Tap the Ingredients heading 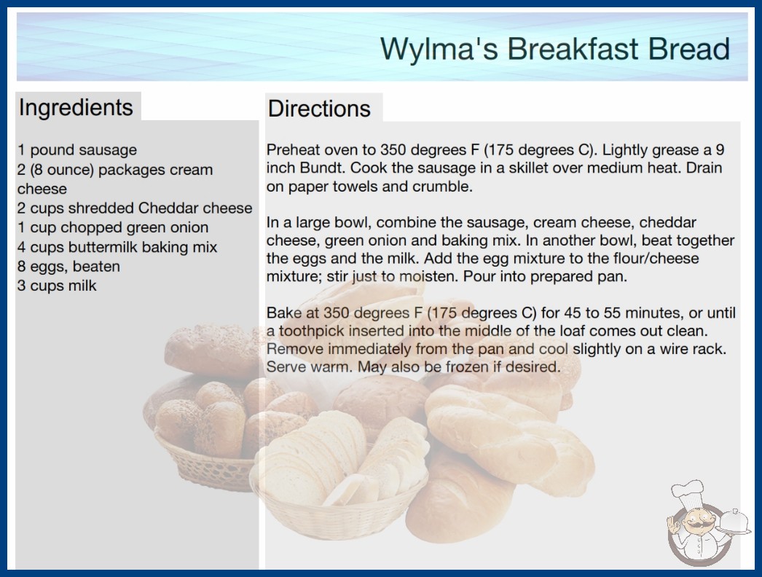click(x=76, y=108)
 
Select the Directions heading click(x=319, y=109)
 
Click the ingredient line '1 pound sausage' click(x=77, y=150)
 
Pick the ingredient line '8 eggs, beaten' click(x=68, y=267)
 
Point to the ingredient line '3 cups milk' click(x=57, y=286)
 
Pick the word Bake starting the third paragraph click(x=282, y=313)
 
